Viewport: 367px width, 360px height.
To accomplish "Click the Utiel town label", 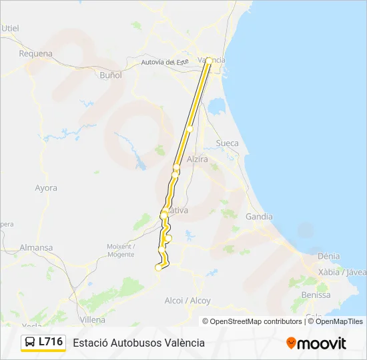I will point(11,28).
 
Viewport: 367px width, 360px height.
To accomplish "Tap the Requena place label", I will point(35,53).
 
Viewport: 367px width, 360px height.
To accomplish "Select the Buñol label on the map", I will point(110,75).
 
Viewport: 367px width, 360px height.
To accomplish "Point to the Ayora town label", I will point(46,188).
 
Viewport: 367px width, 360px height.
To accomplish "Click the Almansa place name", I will point(36,247).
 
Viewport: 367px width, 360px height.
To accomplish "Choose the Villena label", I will point(93,320).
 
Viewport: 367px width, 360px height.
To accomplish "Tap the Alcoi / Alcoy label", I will point(188,301).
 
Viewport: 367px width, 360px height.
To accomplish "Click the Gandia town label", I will point(259,217).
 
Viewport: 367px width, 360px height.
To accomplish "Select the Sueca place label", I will point(228,143).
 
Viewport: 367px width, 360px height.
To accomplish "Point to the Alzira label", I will point(198,160).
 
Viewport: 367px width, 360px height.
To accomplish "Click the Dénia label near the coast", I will point(328,256).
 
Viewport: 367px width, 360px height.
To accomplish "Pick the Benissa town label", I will point(316,295).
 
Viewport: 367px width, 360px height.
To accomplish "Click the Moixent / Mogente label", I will point(120,250).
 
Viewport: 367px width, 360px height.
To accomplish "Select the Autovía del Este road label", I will point(166,62).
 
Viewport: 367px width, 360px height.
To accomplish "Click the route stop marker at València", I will point(209,61).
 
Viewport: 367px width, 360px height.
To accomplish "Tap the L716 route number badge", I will point(43,342).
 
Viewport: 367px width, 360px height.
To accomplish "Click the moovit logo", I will point(316,343).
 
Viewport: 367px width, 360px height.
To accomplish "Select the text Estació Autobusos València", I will point(139,343).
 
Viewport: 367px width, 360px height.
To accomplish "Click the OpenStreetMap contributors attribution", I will point(252,321).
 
